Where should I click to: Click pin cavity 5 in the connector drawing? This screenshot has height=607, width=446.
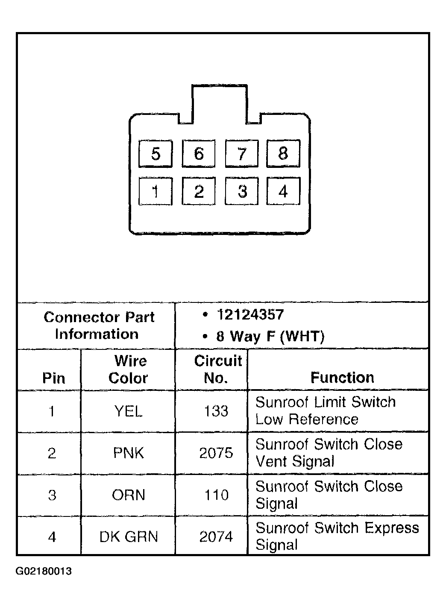[156, 153]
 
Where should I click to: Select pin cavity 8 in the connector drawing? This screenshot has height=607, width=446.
[283, 153]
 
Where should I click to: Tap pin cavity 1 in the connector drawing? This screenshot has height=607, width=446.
[156, 191]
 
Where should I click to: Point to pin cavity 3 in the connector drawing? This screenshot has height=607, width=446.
[242, 191]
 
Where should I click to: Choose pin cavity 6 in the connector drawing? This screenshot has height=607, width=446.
[199, 153]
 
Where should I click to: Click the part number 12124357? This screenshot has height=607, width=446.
[250, 315]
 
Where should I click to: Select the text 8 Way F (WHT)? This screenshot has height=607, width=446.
[270, 337]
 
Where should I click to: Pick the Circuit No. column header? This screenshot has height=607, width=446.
[217, 369]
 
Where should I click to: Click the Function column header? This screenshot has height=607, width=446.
[342, 378]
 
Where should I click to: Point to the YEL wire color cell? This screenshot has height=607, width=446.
[128, 411]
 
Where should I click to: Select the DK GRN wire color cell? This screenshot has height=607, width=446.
[129, 537]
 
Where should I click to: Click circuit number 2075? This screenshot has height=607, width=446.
[216, 453]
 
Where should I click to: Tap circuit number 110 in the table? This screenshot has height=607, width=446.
[216, 495]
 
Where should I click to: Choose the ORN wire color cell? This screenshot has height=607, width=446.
[129, 495]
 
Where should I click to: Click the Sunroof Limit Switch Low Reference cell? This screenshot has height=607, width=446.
[325, 411]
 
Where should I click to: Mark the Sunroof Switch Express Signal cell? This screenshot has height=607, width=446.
[337, 536]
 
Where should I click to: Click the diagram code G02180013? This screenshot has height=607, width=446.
[44, 572]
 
